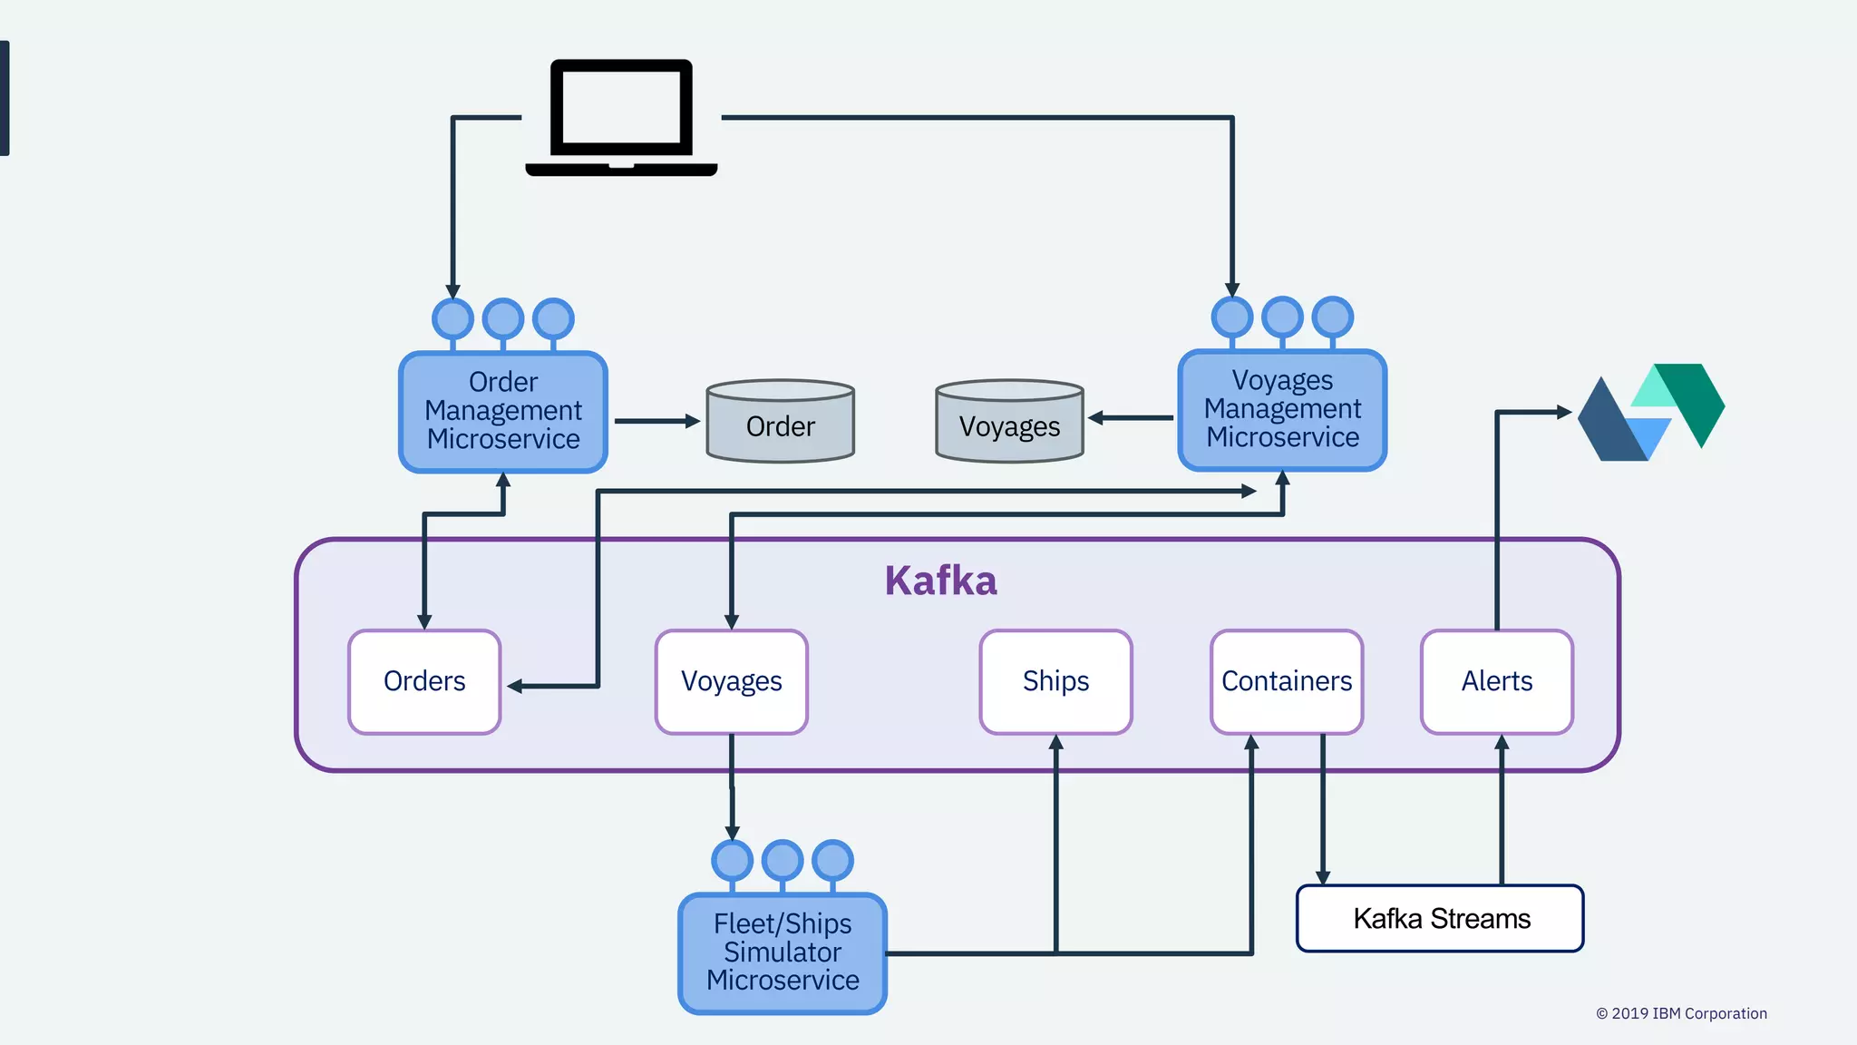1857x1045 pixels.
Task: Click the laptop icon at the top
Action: point(622,117)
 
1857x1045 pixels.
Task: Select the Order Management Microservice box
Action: point(503,411)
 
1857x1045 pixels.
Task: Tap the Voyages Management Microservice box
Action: point(1282,409)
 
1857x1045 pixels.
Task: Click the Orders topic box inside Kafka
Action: point(424,681)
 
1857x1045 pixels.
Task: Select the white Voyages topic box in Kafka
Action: point(732,681)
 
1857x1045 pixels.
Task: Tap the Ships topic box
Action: point(1055,681)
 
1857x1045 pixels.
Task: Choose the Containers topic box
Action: point(1287,681)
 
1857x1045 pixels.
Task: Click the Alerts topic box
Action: point(1497,681)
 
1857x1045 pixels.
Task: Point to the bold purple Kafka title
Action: point(940,581)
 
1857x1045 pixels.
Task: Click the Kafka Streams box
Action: point(1440,918)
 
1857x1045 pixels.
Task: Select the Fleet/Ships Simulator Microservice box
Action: point(783,952)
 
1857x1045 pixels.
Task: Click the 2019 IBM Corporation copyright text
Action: point(1681,1013)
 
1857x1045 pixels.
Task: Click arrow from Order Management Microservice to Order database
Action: point(656,421)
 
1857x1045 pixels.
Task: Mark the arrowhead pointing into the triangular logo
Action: point(1564,412)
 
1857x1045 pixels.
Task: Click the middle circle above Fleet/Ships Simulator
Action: point(783,859)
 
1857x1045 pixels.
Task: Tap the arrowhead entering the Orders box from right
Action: point(515,687)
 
